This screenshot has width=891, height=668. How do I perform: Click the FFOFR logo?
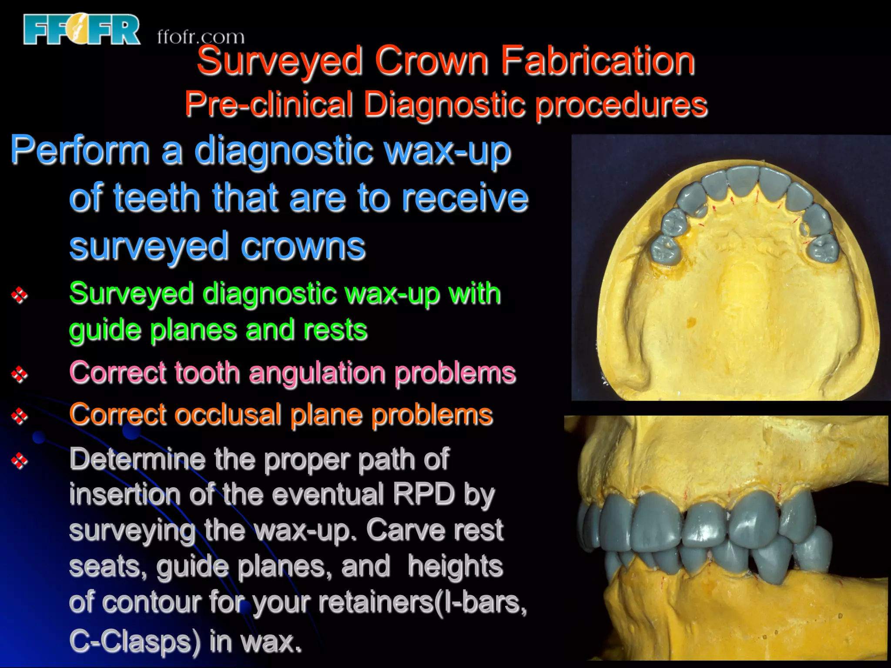pyautogui.click(x=82, y=30)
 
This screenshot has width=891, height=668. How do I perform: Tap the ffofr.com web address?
pyautogui.click(x=201, y=37)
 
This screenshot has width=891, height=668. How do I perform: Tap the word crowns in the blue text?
pyautogui.click(x=303, y=246)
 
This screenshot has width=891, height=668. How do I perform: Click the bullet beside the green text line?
pyautogui.click(x=20, y=295)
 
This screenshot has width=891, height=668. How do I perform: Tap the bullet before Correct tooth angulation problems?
pyautogui.click(x=20, y=374)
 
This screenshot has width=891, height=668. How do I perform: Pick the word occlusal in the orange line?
pyautogui.click(x=227, y=414)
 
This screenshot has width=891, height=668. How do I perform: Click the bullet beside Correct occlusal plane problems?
pyautogui.click(x=20, y=416)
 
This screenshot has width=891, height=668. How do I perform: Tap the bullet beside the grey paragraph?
pyautogui.click(x=20, y=460)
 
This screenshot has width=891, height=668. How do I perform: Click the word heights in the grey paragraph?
pyautogui.click(x=455, y=566)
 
